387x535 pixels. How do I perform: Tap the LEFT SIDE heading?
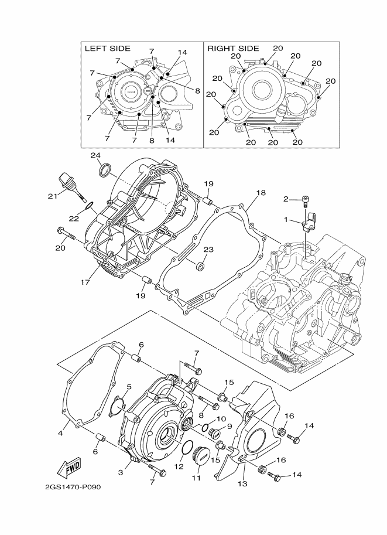107,49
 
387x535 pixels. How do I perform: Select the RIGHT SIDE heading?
233,49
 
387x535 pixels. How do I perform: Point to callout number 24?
96,156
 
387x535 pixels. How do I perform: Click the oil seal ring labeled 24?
105,170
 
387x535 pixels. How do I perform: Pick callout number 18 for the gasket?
261,193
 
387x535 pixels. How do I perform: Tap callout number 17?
85,282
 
